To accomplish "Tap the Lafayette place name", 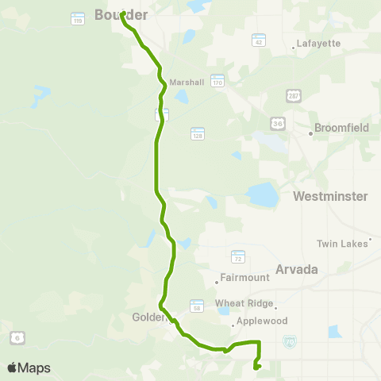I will (317, 43).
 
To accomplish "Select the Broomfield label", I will (342, 127).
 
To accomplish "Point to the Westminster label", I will (330, 196).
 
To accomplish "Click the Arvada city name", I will (297, 269).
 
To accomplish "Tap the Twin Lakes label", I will (343, 243).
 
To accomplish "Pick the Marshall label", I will (187, 82).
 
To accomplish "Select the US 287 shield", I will (294, 95).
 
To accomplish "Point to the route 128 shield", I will (198, 133).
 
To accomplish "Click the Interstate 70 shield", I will (290, 340).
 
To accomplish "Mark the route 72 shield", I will (238, 256).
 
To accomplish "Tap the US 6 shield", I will (16, 338).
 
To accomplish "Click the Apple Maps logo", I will (29, 368).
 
